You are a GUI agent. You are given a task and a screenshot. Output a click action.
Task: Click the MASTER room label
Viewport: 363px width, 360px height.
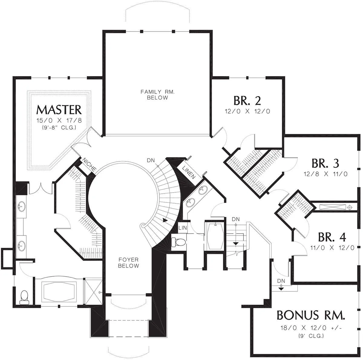tap(59, 110)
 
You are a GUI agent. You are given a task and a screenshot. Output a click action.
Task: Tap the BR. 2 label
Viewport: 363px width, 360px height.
tap(247, 101)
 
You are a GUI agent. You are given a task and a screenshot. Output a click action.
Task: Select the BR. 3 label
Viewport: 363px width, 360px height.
tap(325, 163)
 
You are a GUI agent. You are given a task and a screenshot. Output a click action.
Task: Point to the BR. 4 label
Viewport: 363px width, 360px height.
tap(332, 237)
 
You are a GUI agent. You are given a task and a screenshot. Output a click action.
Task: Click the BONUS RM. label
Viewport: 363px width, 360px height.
tap(311, 315)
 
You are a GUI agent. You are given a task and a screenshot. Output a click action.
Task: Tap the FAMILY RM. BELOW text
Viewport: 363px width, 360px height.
tap(158, 95)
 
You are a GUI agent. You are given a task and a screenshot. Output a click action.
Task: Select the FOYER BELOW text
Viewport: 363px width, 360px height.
tap(129, 263)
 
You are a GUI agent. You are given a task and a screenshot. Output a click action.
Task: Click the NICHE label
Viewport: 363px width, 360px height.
tap(90, 164)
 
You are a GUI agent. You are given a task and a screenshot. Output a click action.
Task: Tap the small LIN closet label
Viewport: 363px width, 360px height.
tap(182, 228)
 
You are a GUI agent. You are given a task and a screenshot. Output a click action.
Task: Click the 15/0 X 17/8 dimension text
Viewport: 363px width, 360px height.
tap(59, 121)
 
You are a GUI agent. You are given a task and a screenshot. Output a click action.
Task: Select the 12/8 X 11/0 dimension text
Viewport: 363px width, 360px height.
tap(325, 174)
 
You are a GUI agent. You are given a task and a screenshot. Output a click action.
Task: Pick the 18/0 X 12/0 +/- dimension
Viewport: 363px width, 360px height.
tap(311, 328)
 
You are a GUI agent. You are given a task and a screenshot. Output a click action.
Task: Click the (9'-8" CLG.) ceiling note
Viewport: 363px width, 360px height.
tap(59, 128)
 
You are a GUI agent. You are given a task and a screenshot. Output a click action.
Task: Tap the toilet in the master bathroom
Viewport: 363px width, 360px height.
tap(24, 297)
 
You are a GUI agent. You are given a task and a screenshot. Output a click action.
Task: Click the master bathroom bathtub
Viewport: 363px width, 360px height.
tap(59, 292)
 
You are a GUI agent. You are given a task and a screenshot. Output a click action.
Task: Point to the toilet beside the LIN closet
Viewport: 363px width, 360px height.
tap(179, 242)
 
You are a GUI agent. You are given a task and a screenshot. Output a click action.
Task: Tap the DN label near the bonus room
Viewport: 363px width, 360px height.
tap(281, 281)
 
